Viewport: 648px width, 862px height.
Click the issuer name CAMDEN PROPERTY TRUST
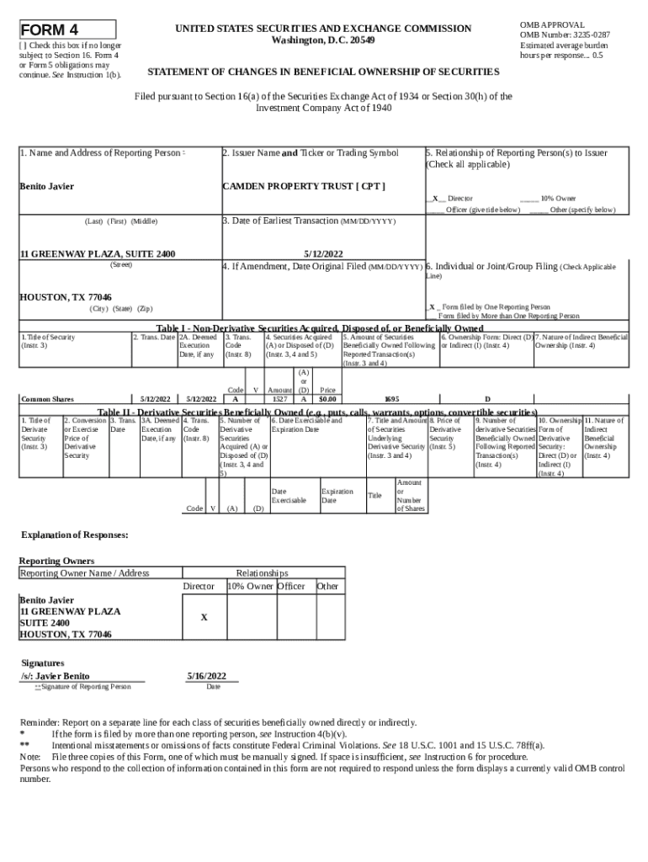click(x=303, y=186)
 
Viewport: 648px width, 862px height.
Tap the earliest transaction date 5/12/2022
click(x=323, y=253)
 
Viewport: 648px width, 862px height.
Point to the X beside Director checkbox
click(x=434, y=199)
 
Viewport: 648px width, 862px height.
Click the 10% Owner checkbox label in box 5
click(x=558, y=199)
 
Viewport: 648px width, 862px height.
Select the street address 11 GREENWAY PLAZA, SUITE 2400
click(x=98, y=253)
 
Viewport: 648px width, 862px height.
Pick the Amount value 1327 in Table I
click(x=279, y=399)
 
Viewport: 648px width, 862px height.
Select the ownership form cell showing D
click(x=486, y=399)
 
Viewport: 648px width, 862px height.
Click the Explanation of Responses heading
click(x=74, y=535)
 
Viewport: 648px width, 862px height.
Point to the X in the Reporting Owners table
click(x=204, y=617)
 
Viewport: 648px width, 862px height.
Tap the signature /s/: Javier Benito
click(x=56, y=676)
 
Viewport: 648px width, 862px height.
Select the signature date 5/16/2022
click(x=206, y=676)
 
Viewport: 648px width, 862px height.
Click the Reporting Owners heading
click(x=56, y=561)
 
